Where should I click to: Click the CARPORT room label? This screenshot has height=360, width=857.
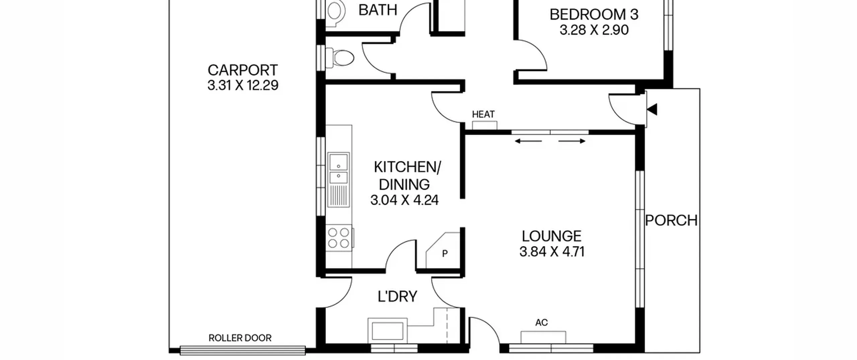243,70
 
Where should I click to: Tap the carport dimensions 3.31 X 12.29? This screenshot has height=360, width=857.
243,85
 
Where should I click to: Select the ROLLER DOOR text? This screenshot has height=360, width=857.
240,338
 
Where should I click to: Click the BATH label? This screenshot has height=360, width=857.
378,10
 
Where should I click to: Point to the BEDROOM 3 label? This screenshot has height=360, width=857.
594,15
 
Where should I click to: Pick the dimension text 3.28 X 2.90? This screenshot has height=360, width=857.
594,30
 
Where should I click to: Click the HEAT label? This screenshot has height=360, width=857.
483,115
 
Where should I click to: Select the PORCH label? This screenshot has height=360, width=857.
671,220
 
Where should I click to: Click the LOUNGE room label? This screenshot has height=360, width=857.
551,236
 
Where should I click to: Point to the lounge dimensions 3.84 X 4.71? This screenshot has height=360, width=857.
552,251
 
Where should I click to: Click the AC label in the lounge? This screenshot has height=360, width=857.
541,322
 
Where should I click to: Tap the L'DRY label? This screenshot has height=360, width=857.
397,296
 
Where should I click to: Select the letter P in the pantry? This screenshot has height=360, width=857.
445,254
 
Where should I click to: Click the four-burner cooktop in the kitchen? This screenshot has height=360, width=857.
339,238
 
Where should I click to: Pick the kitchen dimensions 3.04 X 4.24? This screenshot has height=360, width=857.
404,200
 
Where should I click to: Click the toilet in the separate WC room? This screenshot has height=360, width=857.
339,58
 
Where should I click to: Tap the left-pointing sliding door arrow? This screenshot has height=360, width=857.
528,141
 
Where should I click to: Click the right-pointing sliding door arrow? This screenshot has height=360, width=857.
572,141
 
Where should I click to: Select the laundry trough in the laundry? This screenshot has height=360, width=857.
388,331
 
